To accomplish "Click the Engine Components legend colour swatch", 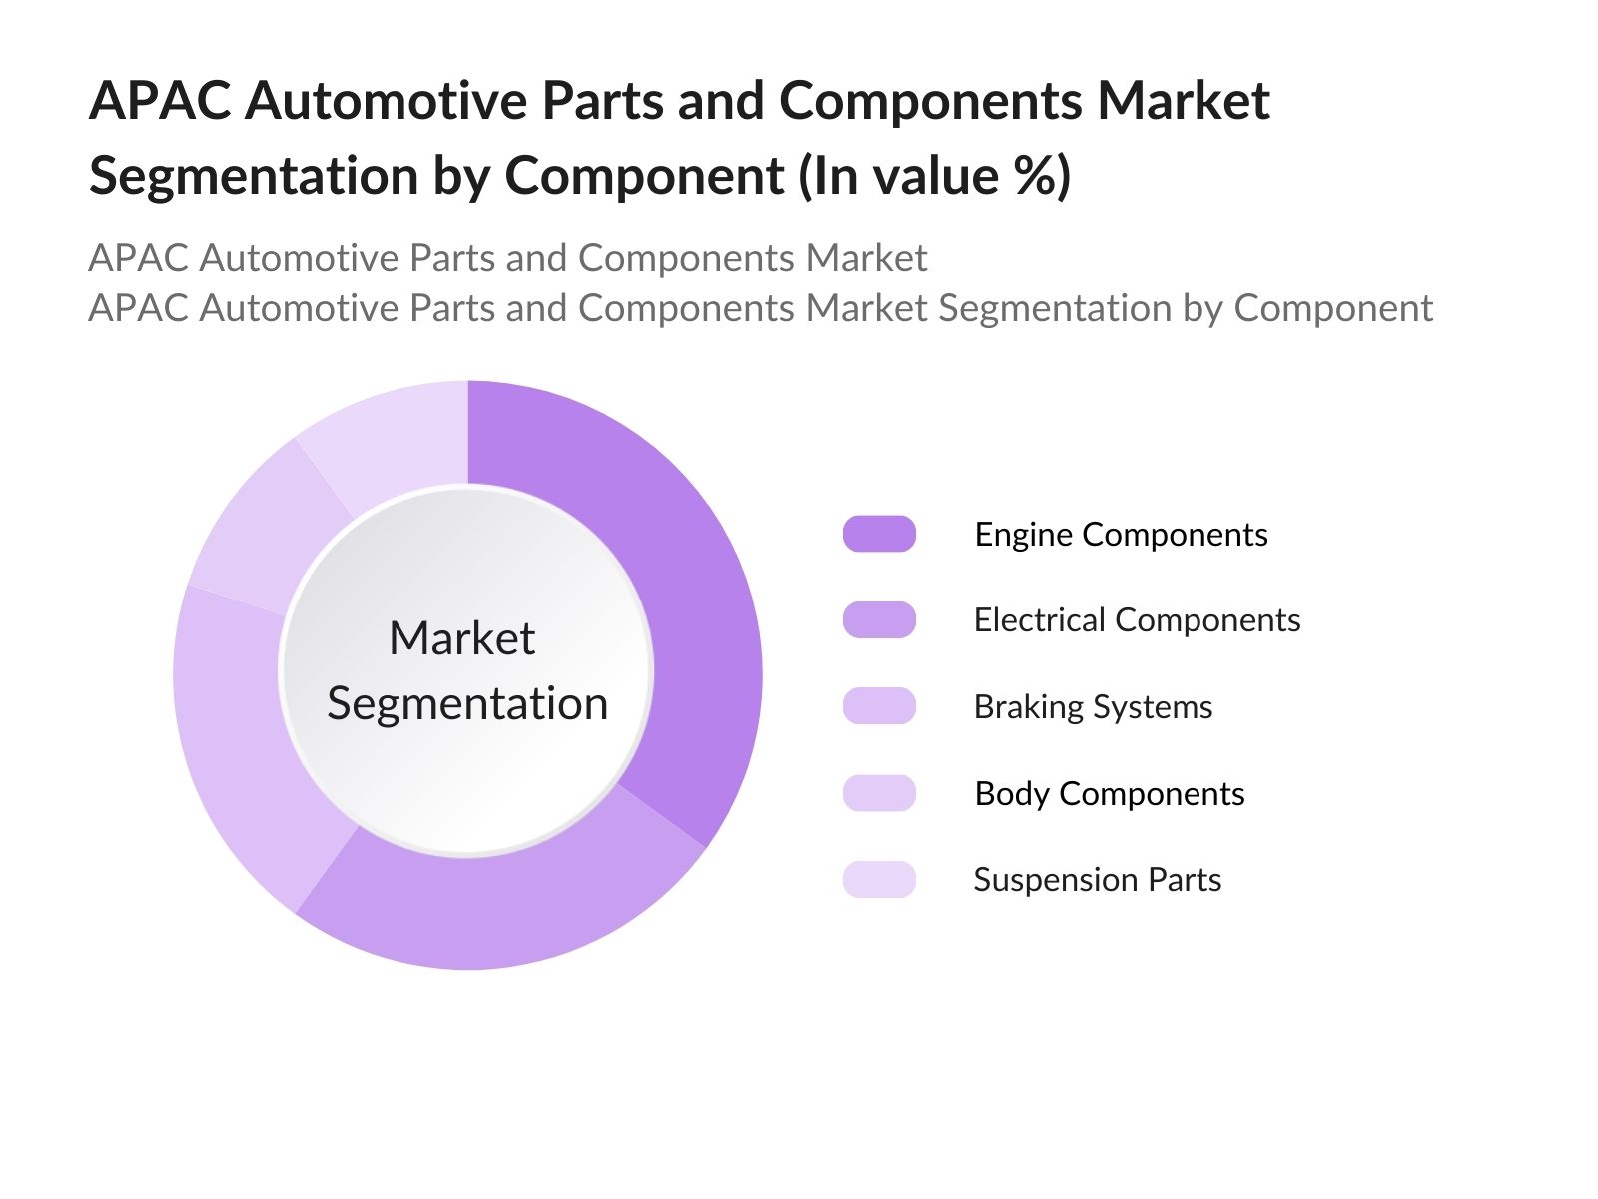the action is pos(879,534).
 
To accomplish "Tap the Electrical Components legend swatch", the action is pos(879,620).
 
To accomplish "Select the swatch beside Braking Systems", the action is pos(879,706).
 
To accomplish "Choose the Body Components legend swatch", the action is pos(879,792).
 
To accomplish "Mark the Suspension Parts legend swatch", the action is pos(879,879).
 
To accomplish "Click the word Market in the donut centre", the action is pos(462,638).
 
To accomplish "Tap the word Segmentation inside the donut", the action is pos(467,704).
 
